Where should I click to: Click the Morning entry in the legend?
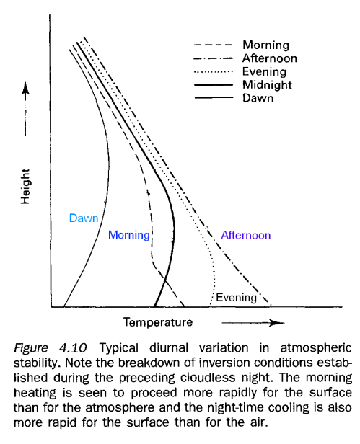pyautogui.click(x=265, y=45)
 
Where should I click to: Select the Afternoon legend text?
pyautogui.click(x=269, y=58)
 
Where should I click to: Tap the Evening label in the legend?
pyautogui.click(x=264, y=71)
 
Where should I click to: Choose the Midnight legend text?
pyautogui.click(x=267, y=85)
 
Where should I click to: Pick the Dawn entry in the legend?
pyautogui.click(x=258, y=98)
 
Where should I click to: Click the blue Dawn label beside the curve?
pyautogui.click(x=83, y=218)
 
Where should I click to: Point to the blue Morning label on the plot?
pyautogui.click(x=128, y=235)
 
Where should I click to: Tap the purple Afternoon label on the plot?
pyautogui.click(x=245, y=235)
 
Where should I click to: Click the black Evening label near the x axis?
pyautogui.click(x=236, y=297)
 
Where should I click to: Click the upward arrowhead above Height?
pyautogui.click(x=27, y=88)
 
